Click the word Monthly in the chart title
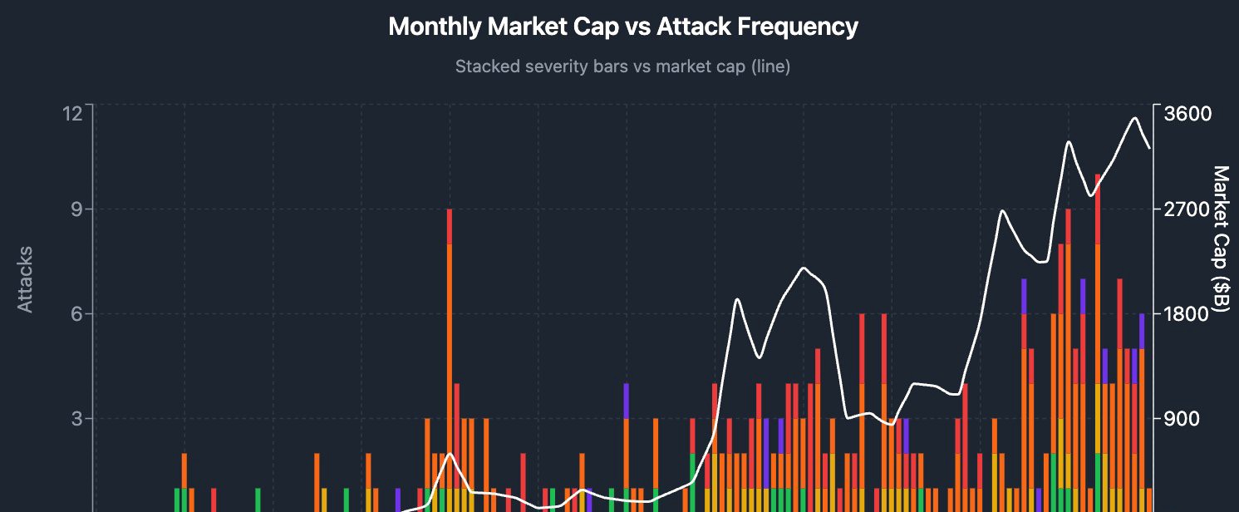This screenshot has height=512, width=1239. (x=435, y=27)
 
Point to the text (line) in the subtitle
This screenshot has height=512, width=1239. (x=770, y=66)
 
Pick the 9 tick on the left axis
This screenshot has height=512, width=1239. (x=76, y=209)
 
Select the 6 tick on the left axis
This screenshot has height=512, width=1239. (x=76, y=314)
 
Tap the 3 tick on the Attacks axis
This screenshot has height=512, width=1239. (x=76, y=418)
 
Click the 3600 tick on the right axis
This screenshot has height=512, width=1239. (x=1188, y=113)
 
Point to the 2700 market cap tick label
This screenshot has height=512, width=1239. (x=1188, y=209)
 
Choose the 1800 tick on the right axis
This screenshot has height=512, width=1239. (x=1188, y=314)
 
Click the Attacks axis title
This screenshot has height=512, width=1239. (x=26, y=279)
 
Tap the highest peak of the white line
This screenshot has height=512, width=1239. (x=1134, y=118)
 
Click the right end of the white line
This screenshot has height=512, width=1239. (x=1149, y=148)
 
